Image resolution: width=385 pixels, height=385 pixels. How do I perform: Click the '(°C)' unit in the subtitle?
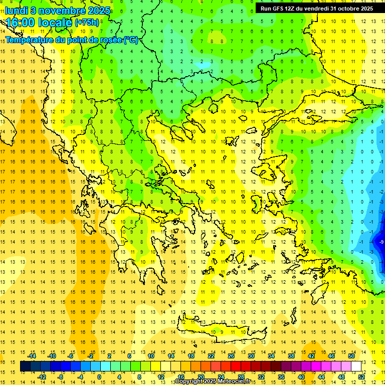click(131, 40)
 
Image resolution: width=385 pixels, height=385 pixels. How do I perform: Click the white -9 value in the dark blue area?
click(381, 242)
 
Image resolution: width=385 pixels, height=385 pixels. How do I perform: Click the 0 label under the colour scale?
click(99, 376)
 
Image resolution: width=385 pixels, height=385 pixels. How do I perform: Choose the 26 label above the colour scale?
click(231, 356)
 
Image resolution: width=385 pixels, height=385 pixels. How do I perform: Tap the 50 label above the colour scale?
click(351, 356)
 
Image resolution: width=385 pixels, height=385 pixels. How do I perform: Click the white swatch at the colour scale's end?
click(356, 366)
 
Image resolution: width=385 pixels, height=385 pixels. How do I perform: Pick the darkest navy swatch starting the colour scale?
click(25, 366)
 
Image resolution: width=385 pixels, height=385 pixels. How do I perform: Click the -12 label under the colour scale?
click(42, 376)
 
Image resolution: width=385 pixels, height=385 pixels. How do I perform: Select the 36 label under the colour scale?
click(281, 376)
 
